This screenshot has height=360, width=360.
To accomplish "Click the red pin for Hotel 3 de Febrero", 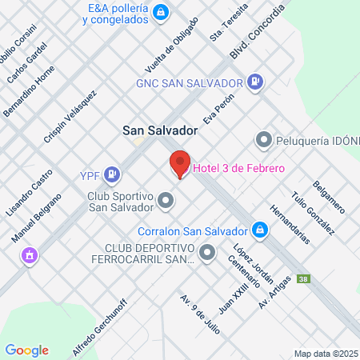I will [x=180, y=163].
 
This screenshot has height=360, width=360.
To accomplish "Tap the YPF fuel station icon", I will [x=114, y=173].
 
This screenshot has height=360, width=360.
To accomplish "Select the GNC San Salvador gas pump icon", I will [x=255, y=81].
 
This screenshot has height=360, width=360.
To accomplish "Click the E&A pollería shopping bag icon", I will [x=161, y=13].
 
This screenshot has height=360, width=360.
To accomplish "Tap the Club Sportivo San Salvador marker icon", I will [x=166, y=199].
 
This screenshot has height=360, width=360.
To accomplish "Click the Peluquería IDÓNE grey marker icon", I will [x=263, y=140].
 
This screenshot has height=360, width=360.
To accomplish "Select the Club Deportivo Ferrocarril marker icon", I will [x=207, y=254].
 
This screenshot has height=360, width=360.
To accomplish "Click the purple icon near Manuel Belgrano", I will [x=29, y=255].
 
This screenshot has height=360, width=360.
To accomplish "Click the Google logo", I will [x=26, y=350].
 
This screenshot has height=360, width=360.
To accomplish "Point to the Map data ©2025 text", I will [x=326, y=353].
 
